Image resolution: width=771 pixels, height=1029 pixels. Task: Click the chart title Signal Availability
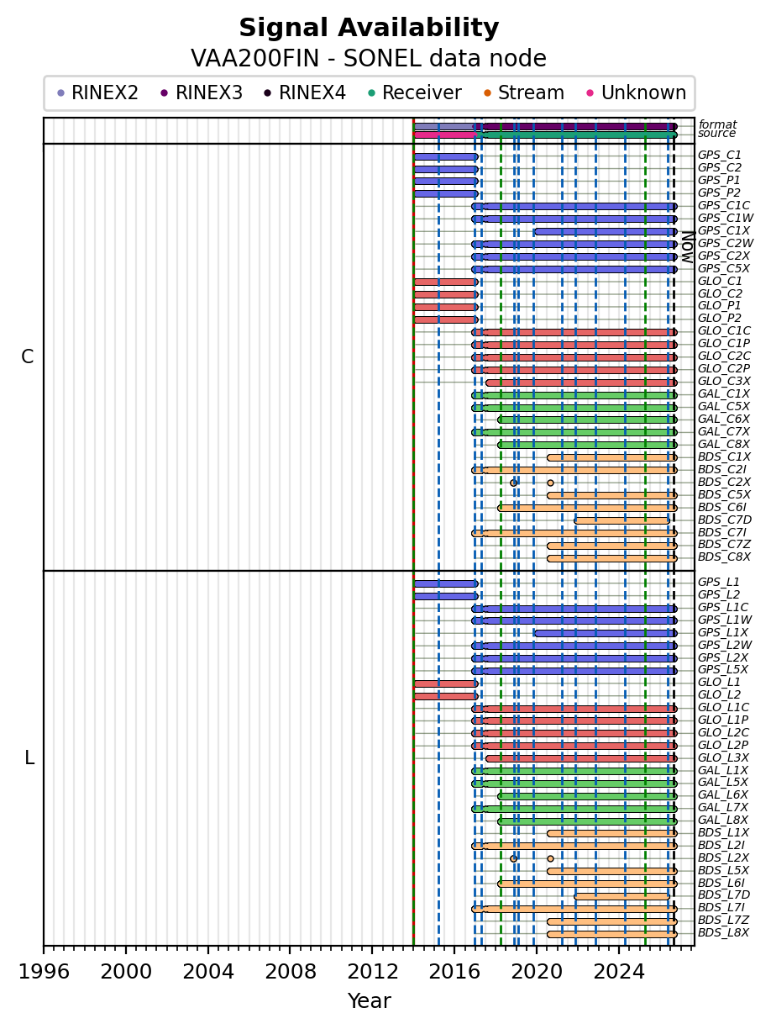click(369, 28)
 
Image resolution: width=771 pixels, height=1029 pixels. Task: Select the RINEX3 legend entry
click(202, 92)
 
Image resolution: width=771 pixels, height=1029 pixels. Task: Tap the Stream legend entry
click(524, 92)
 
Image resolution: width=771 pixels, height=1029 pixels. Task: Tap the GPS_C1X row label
click(723, 230)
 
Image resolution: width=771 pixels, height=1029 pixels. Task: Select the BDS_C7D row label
click(724, 520)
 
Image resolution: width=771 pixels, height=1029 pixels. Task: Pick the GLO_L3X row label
click(723, 758)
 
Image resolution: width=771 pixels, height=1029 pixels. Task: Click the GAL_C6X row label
click(723, 420)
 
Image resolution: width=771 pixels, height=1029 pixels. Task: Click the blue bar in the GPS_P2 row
click(446, 193)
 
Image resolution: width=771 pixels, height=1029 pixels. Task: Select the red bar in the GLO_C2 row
click(446, 294)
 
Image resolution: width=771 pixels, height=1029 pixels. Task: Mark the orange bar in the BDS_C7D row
click(622, 520)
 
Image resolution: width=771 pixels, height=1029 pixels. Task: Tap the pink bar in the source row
click(446, 135)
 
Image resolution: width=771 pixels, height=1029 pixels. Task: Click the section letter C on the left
click(28, 357)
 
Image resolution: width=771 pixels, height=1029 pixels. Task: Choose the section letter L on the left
click(29, 758)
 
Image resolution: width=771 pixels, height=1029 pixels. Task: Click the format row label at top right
click(717, 124)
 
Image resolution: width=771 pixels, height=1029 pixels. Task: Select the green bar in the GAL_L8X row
click(587, 822)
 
